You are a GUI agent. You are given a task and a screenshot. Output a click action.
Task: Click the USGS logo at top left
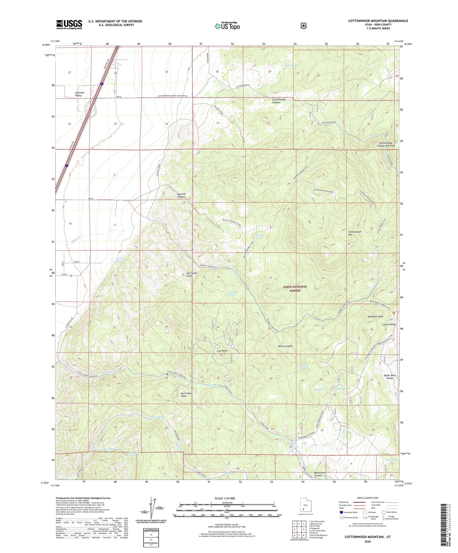pos(69,24)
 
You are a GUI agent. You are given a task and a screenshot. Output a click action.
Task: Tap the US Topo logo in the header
pos(227,26)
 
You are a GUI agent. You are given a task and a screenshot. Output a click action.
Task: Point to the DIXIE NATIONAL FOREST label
pos(295,289)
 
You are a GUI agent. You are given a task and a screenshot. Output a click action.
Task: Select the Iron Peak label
pos(222,351)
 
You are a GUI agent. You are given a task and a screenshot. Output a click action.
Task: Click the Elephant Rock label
pos(376,317)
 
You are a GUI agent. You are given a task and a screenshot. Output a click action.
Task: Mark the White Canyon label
pos(285,346)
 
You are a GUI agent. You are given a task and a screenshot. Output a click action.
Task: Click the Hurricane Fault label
pos(186,395)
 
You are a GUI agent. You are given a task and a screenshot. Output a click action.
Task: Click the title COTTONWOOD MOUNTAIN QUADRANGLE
pos(378,21)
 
